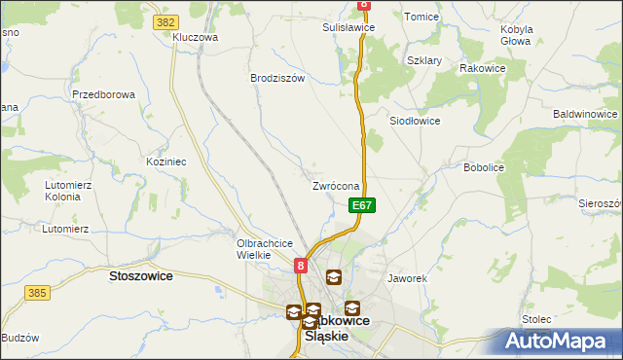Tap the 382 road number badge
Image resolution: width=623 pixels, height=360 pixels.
(165, 20)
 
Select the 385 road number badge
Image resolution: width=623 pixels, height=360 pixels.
(38, 292)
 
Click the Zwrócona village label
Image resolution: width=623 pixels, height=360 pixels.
(337, 186)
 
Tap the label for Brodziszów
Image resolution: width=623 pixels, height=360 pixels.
(278, 78)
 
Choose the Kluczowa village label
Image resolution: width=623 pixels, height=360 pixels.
(195, 37)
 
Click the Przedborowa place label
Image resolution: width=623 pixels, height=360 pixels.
(102, 94)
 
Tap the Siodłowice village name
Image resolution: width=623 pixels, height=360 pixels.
(416, 121)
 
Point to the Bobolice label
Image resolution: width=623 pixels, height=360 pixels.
(484, 167)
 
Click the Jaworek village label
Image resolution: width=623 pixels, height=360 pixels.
(408, 278)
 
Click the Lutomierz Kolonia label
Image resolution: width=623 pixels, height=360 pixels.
(68, 189)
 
